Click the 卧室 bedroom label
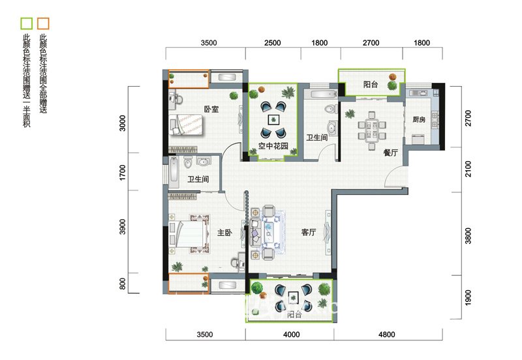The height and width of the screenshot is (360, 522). coord(211,109)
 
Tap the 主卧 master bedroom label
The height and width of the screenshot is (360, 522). coord(224,232)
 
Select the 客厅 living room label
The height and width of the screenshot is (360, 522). coord(309,232)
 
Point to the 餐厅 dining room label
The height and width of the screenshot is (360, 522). coord(390,153)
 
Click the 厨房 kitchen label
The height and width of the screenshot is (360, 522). coord(419,119)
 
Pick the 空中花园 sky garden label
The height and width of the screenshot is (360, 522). coord(273,145)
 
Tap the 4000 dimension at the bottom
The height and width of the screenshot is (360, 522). coord(291,335)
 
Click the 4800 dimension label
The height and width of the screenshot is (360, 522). coord(386,335)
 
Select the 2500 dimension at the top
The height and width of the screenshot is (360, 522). coord(272,42)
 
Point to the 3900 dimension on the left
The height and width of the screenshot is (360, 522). coord(123,226)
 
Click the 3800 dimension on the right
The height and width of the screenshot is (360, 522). coord(468,235)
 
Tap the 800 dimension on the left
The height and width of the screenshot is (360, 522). coord(123,284)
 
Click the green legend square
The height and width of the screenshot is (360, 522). coord(27,23)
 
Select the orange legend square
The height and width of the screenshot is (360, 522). coord(43,23)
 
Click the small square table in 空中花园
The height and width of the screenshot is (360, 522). coord(273,120)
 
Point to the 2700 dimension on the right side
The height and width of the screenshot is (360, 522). coord(468,118)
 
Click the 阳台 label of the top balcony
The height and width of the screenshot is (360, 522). coord(371,85)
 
